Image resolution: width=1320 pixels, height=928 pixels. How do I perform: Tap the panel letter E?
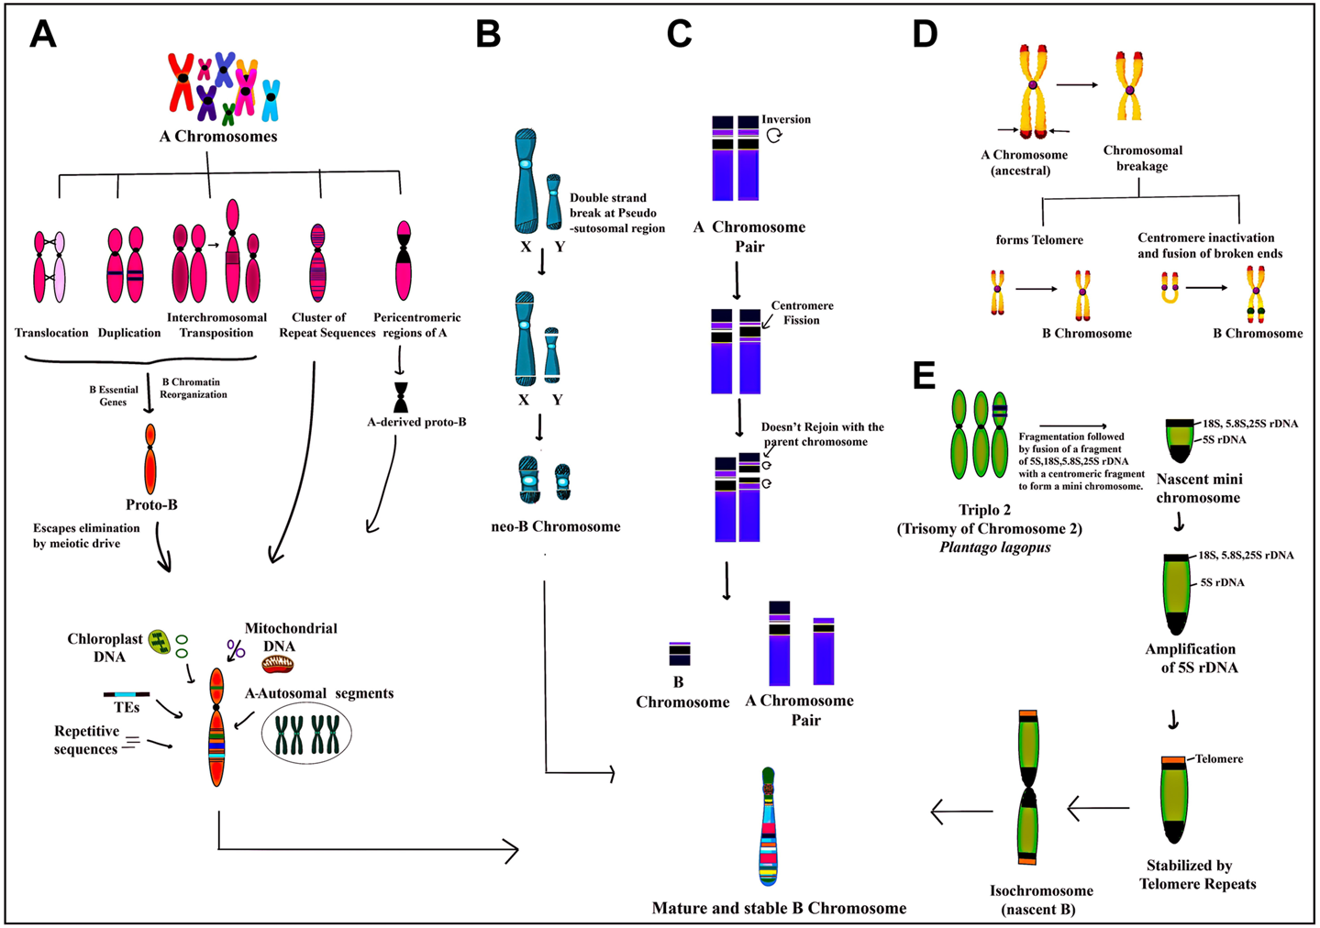pos(924,375)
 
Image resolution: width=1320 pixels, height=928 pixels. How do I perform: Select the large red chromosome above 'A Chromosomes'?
pos(182,81)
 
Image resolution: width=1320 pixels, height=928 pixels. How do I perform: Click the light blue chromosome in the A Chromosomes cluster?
pos(271,100)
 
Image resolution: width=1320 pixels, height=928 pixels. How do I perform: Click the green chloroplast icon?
pos(160,642)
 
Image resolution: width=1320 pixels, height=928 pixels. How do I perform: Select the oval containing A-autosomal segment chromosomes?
pos(306,735)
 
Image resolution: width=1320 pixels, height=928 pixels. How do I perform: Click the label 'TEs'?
pos(127,708)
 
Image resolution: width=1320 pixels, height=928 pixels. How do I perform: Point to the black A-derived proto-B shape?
pos(401,397)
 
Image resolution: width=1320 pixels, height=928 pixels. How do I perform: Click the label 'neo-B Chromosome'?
pos(555,526)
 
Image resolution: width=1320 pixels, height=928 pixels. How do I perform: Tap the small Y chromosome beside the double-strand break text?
pos(554,201)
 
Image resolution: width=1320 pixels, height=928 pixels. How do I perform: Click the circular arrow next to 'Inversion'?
pos(774,135)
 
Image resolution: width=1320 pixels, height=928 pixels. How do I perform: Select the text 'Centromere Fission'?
pos(801,313)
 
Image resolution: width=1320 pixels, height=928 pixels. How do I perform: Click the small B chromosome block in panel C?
pos(680,654)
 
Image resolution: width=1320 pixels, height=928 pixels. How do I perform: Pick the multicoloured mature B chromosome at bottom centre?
pos(769,826)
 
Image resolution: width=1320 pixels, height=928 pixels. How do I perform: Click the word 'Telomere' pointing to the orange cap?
pos(1219,758)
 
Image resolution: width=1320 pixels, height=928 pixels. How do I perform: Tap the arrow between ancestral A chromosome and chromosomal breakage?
pos(1077,85)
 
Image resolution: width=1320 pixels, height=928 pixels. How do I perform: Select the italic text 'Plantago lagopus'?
pos(994,547)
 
